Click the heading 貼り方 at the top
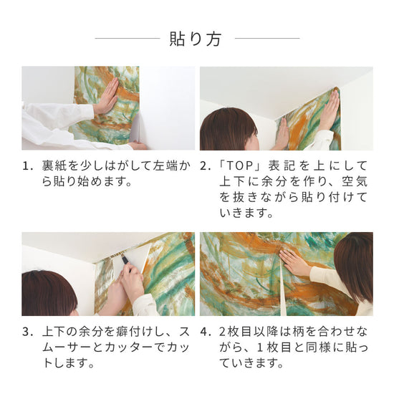196,39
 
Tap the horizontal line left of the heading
127,39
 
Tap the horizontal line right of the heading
266,39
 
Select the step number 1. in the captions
28,166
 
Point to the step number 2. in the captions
206,166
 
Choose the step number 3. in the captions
28,332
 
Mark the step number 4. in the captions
206,332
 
